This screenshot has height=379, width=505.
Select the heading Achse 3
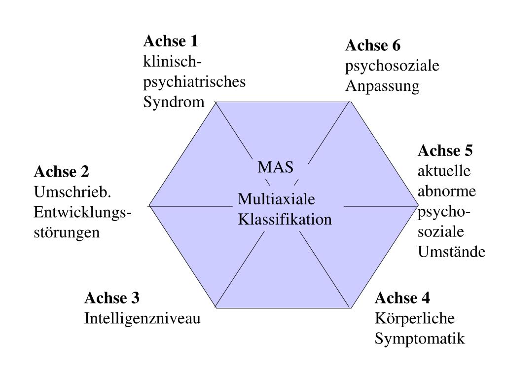112,298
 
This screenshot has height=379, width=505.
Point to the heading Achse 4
402,298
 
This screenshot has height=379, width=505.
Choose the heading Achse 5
445,150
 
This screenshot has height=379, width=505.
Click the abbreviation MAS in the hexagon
276,168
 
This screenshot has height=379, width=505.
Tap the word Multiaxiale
276,200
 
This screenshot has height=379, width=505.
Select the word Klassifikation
285,219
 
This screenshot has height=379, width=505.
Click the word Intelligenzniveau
143,319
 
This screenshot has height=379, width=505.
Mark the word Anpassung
382,87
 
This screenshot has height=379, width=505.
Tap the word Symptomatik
420,339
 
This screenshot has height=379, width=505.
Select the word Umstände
452,252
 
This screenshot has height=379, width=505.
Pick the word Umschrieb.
71,191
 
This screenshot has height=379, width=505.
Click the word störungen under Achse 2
67,232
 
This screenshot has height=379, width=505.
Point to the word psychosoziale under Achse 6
392,66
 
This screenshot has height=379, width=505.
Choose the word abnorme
447,191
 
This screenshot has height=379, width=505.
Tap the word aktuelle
444,171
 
